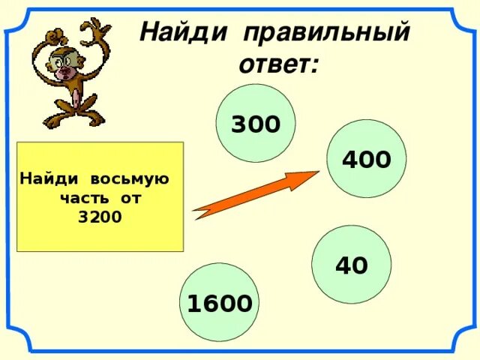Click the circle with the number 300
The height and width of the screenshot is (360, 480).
point(255,122)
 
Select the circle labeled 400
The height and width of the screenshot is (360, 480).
point(366,159)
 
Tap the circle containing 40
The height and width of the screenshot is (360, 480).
point(351,264)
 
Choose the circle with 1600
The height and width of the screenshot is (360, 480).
point(219,302)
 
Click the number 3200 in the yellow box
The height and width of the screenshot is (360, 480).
point(100,217)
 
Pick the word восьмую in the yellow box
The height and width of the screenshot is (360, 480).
point(130,180)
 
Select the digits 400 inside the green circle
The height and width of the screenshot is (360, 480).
point(366,160)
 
